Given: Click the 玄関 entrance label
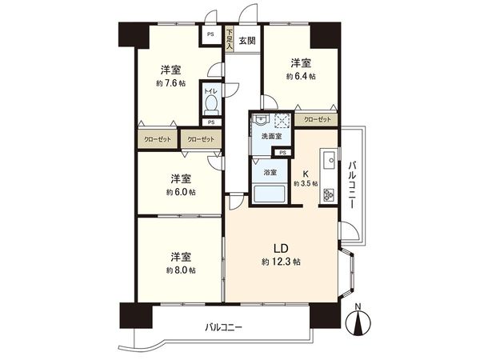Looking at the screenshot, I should click(x=247, y=41).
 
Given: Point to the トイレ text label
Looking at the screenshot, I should click(x=210, y=91).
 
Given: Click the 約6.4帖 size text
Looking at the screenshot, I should click(x=301, y=77).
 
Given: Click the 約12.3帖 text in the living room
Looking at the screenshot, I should click(x=280, y=262).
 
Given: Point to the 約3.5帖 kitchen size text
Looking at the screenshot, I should click(x=306, y=184).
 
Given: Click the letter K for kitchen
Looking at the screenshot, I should click(x=306, y=172).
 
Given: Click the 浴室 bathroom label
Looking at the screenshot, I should click(x=270, y=173).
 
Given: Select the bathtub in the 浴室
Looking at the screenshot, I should click(x=269, y=195).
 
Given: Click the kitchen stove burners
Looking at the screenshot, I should click(x=328, y=195).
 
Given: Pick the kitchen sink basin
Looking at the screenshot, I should click(x=329, y=160).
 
